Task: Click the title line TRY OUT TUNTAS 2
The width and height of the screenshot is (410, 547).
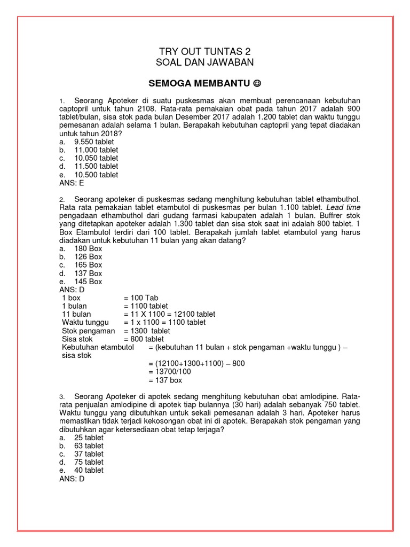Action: click(204, 51)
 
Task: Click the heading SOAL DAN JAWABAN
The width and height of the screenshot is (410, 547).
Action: click(204, 62)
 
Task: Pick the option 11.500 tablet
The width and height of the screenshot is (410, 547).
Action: click(96, 166)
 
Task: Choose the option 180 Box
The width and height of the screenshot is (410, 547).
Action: click(88, 248)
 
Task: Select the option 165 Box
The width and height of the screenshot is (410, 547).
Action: click(88, 265)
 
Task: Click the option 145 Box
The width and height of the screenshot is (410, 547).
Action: click(88, 282)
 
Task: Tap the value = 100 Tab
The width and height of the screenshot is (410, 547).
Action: click(141, 298)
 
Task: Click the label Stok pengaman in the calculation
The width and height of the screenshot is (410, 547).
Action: click(89, 331)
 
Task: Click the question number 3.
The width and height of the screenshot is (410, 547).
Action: click(62, 396)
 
